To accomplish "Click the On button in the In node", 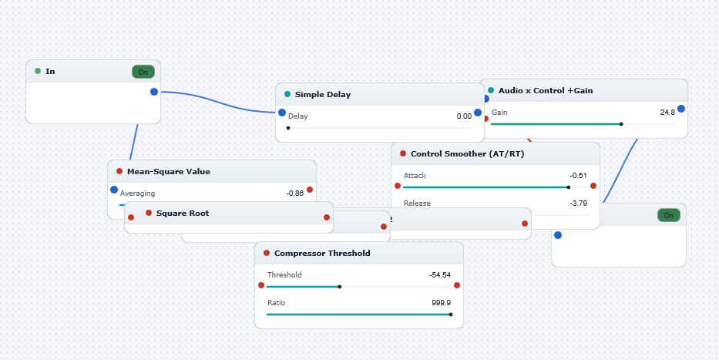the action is click(x=143, y=72).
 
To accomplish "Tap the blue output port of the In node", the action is click(x=154, y=92).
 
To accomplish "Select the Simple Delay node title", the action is click(x=323, y=95).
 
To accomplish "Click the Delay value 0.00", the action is click(x=464, y=116).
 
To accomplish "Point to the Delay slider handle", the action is click(x=288, y=128).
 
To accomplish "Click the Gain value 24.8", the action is click(x=667, y=113).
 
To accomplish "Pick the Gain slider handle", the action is click(x=621, y=124).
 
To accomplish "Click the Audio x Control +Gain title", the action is click(x=546, y=90).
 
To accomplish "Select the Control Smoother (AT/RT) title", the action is click(x=467, y=153).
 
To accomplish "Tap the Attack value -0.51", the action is click(x=578, y=176).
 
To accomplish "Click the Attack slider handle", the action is click(x=569, y=187).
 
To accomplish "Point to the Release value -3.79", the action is click(x=578, y=204).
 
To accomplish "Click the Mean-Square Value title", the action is click(x=168, y=171).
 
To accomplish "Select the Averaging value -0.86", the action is click(x=295, y=193).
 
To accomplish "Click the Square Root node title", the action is click(x=183, y=214).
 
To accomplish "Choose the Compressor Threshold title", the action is click(x=322, y=253).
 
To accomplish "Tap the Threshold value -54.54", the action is click(x=440, y=275).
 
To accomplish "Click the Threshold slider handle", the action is click(x=340, y=287).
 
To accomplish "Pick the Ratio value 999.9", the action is click(x=441, y=303).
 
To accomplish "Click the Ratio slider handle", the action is click(x=451, y=315).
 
